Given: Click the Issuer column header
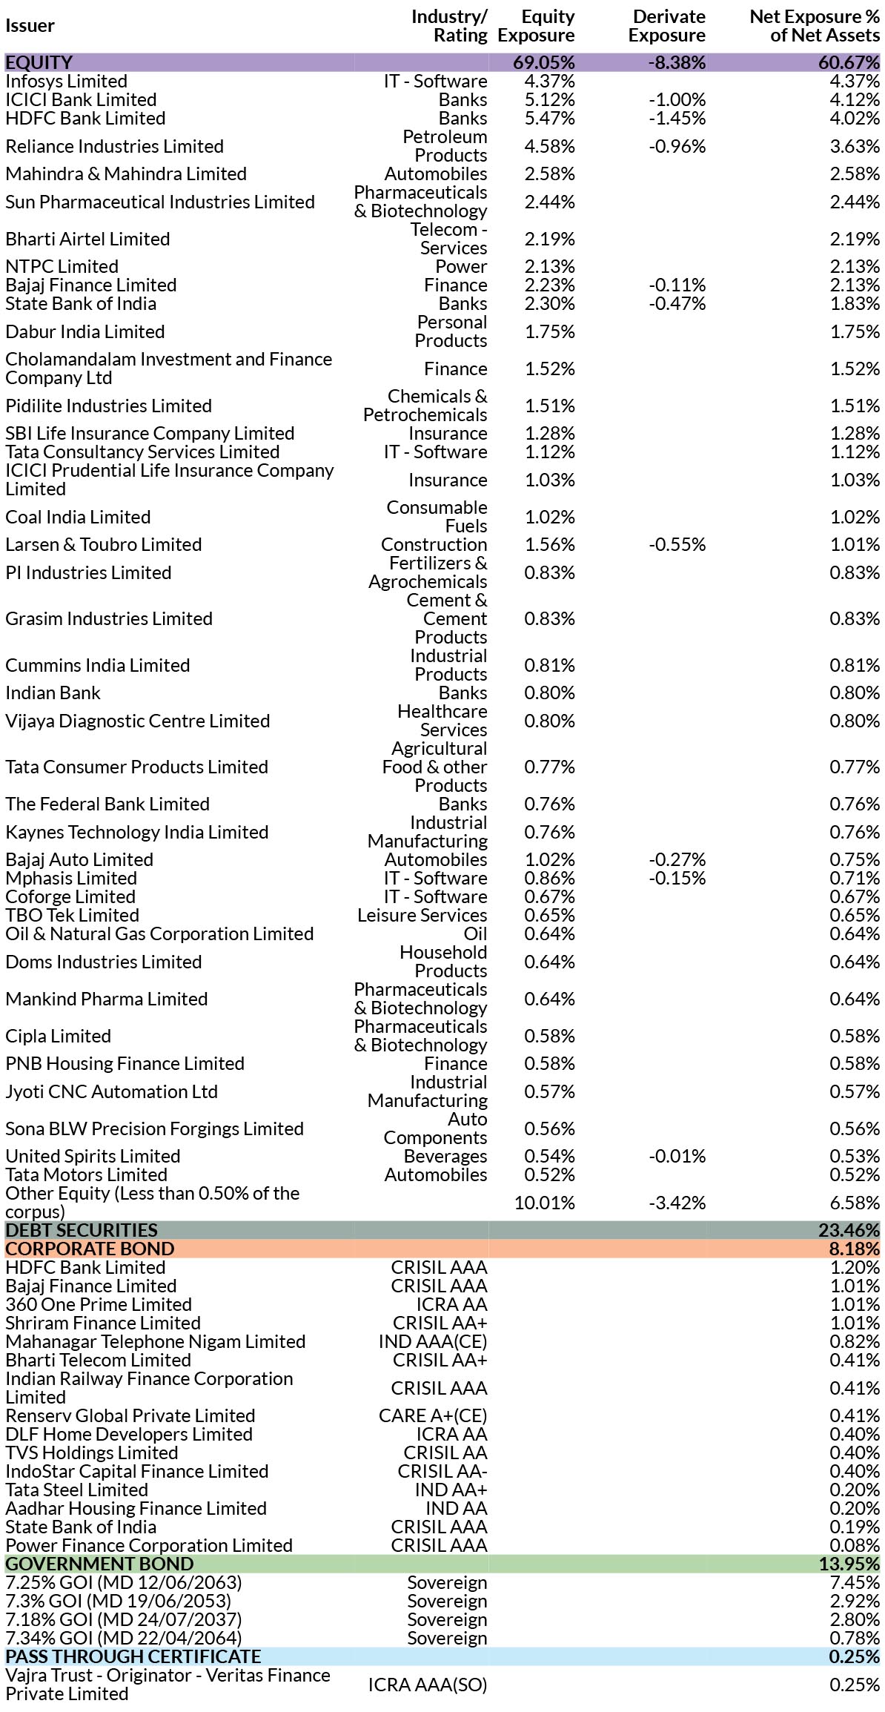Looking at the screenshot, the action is [30, 26].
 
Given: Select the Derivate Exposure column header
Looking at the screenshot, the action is [667, 26].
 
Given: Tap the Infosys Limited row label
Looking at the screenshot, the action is [66, 82].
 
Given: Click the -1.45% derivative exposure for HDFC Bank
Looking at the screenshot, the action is [677, 119].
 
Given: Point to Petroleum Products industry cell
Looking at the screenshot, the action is [445, 146].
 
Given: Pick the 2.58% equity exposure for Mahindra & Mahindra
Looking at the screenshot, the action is [549, 174].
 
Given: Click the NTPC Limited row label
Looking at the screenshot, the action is [62, 267].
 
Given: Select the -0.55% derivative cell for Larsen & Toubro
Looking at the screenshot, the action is [677, 545].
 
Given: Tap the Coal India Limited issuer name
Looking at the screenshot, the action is [78, 517].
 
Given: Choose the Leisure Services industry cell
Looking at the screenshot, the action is [422, 916].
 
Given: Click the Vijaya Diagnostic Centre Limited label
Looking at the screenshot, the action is [138, 721].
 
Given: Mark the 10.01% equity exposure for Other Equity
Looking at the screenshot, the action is [545, 1203].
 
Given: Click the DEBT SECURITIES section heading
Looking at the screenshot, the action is [82, 1230].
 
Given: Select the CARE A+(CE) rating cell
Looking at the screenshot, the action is [433, 1415].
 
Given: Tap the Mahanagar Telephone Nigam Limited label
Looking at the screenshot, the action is [156, 1341].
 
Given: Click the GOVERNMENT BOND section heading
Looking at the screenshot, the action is [99, 1564].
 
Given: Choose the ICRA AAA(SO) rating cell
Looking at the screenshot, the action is [428, 1685].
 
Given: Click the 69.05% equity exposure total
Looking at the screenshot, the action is [544, 62].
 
